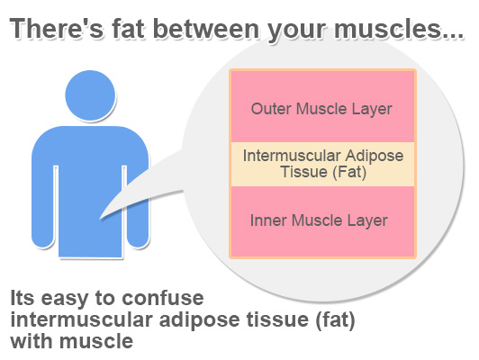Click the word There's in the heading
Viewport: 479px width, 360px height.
57,29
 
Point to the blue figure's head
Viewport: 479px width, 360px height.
90,95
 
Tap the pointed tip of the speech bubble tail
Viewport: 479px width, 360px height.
100,219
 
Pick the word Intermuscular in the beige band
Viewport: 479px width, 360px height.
292,156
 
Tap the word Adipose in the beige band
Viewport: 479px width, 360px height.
375,157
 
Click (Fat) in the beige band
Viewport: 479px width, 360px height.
349,172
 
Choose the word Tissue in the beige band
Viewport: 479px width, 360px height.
304,172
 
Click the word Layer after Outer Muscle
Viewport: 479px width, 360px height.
372,110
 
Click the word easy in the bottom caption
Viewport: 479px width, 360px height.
65,300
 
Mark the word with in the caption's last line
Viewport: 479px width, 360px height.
32,341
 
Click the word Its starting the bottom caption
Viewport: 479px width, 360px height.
22,298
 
